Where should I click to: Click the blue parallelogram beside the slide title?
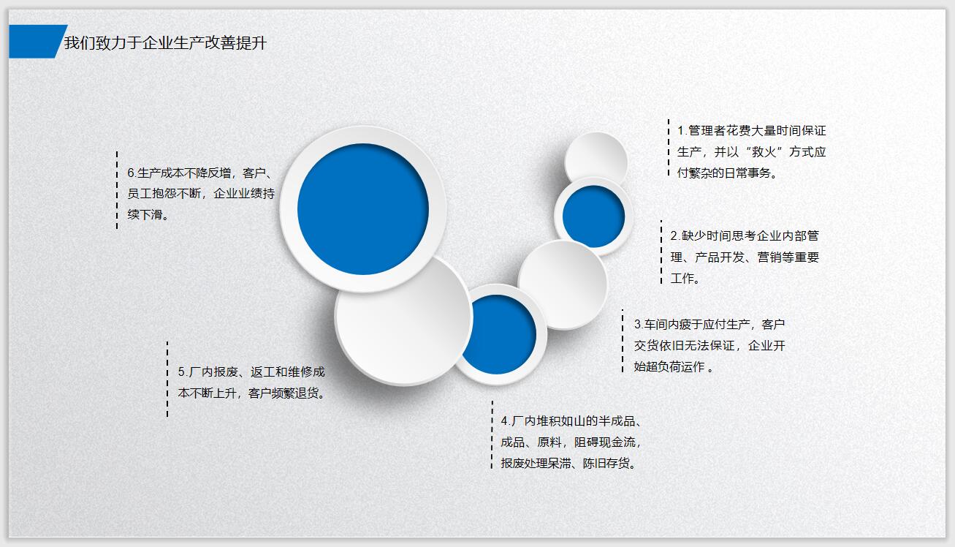pyautogui.click(x=37, y=42)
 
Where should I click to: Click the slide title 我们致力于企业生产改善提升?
pyautogui.click(x=165, y=43)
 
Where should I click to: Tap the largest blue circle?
pyautogui.click(x=363, y=209)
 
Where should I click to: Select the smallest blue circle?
pyautogui.click(x=593, y=216)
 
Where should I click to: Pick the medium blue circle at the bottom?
pyautogui.click(x=499, y=334)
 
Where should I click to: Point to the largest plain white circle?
pyautogui.click(x=403, y=320)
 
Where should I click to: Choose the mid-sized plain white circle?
pyautogui.click(x=563, y=284)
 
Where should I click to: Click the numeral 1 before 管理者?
pyautogui.click(x=680, y=131)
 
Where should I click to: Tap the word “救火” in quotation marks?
pyautogui.click(x=764, y=152)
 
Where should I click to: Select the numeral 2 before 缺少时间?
pyautogui.click(x=674, y=236)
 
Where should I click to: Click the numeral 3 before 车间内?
pyautogui.click(x=637, y=324)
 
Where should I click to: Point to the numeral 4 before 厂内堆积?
pyautogui.click(x=504, y=421)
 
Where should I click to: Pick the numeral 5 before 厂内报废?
pyautogui.click(x=182, y=372)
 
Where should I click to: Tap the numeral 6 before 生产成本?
pyautogui.click(x=131, y=173)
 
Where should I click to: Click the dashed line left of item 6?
pyautogui.click(x=117, y=190)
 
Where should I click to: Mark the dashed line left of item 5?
pyautogui.click(x=167, y=379)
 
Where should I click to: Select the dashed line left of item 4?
pyautogui.click(x=492, y=434)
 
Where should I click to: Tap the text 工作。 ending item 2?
pyautogui.click(x=685, y=279)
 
